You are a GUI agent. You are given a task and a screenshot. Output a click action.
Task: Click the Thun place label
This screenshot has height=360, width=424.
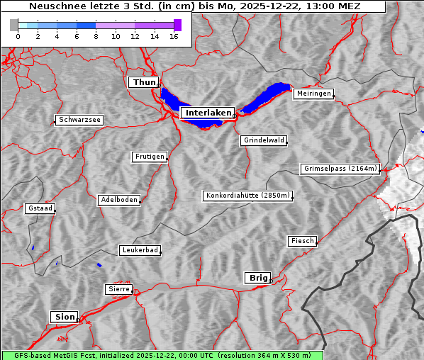(x=144, y=83)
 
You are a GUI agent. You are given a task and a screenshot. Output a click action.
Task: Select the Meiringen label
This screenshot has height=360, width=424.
(x=313, y=94)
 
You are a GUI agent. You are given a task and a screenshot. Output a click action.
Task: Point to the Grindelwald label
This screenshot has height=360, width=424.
(x=264, y=140)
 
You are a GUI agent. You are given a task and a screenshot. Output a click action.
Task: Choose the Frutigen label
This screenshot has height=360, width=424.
(x=150, y=157)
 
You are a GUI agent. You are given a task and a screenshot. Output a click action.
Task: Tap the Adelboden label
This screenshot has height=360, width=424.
(x=119, y=200)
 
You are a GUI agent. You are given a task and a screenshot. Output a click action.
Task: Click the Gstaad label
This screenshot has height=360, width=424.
(x=40, y=208)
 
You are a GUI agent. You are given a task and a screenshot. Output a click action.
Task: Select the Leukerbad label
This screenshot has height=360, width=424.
(x=140, y=250)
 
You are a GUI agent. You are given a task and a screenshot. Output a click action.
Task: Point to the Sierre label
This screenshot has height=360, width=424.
(x=119, y=289)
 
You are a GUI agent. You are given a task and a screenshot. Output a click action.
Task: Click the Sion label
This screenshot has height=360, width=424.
(x=64, y=317)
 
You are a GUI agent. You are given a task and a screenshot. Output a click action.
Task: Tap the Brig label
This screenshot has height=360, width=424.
(x=257, y=278)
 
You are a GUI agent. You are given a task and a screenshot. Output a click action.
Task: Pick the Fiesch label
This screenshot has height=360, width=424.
(x=302, y=241)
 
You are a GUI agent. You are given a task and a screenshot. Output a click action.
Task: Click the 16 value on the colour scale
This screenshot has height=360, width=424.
(x=174, y=37)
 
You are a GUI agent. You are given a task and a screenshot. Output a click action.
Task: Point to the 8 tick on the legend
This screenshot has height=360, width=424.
(x=96, y=37)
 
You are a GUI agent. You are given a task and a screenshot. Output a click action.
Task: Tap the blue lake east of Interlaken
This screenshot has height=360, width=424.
(x=267, y=98)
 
